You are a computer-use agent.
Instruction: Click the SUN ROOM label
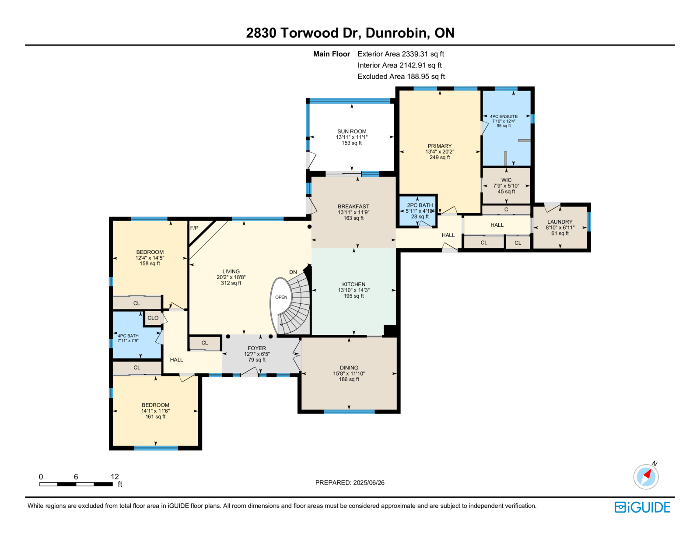351,131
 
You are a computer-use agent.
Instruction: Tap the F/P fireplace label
194,228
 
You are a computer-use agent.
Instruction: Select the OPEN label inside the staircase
281,297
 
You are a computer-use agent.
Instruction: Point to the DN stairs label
293,272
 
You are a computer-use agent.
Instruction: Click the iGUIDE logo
642,507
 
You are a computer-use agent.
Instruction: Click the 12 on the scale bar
115,477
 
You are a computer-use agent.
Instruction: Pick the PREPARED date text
350,482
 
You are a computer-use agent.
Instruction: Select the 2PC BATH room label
420,205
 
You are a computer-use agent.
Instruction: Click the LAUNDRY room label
560,221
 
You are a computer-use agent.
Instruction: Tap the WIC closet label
506,180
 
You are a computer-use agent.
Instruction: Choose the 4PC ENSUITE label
504,116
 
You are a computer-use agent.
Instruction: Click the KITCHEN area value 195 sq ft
353,296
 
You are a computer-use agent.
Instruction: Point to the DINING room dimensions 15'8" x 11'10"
349,373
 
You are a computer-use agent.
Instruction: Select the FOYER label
257,348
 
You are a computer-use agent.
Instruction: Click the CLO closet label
153,318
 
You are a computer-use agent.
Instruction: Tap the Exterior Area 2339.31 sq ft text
401,54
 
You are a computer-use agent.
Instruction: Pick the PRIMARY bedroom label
439,146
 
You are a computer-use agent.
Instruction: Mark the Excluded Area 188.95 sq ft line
401,76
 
